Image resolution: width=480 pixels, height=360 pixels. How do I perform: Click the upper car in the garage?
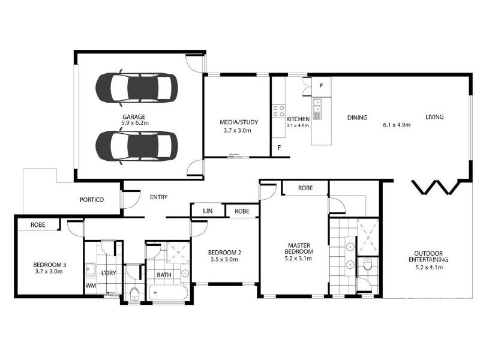coord(137,88)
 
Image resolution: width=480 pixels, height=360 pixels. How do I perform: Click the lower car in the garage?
coord(137,146)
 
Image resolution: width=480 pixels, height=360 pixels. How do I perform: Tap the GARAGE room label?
coord(134,116)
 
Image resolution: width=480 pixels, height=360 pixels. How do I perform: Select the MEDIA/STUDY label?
coord(239,122)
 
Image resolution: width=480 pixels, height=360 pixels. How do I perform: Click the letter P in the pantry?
coord(321,86)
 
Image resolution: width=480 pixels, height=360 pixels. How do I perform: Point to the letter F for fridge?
coord(279,148)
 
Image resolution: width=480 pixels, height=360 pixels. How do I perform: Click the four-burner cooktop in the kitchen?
coord(278,111)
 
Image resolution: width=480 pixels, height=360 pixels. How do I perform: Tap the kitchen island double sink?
coord(317,109)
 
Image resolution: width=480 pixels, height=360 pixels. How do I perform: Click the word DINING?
coord(357,118)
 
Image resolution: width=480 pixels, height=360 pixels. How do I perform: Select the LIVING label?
coord(434,116)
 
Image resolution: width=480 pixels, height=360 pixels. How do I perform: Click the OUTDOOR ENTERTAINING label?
coord(428,257)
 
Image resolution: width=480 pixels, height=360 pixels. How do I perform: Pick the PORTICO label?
coord(92,200)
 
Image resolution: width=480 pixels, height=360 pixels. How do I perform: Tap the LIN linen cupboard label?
coord(208,211)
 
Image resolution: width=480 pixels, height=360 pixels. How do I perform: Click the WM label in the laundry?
coord(91,286)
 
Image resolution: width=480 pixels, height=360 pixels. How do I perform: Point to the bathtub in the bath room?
coord(168,293)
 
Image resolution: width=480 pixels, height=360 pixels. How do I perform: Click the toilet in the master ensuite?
coord(368,265)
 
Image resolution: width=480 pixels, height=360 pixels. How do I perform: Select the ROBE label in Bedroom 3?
coord(38,224)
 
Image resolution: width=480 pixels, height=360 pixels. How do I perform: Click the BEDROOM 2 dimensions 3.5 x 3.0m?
coord(224,260)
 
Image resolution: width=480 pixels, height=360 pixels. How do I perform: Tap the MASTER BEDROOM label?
coord(299,248)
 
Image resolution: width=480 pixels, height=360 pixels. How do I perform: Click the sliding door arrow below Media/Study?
coord(234,155)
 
